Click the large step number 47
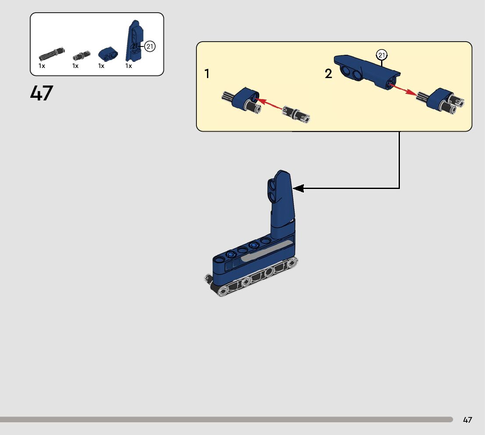(42, 93)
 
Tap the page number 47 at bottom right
(467, 420)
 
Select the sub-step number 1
(207, 74)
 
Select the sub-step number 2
(328, 74)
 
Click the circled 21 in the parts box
(150, 46)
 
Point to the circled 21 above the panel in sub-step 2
(382, 55)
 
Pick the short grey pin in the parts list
(80, 55)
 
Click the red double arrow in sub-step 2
(404, 89)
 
